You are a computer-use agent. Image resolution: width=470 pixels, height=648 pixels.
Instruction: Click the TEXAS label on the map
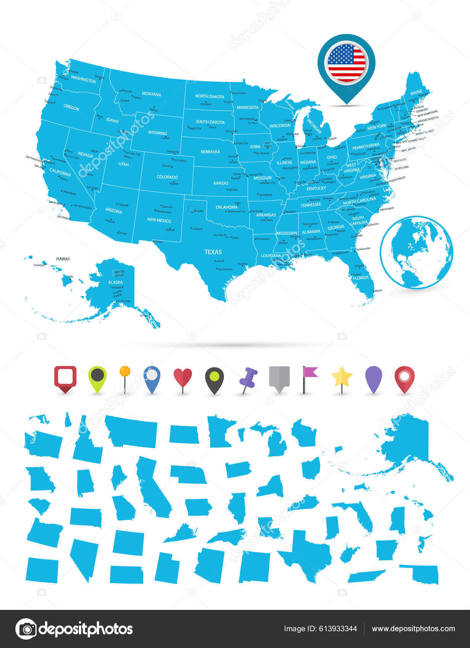click(x=213, y=252)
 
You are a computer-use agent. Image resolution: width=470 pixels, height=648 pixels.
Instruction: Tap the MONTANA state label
click(x=151, y=94)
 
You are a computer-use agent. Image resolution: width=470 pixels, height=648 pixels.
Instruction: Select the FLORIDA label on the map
click(x=361, y=278)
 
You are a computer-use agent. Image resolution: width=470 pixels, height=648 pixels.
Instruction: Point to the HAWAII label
click(x=63, y=259)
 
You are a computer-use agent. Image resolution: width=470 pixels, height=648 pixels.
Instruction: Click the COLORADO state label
click(x=167, y=177)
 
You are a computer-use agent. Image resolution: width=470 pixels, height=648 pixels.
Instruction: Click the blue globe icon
click(x=416, y=252)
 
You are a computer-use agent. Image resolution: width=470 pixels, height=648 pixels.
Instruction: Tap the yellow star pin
click(x=342, y=377)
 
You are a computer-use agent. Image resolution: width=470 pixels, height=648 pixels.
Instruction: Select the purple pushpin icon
click(x=248, y=378)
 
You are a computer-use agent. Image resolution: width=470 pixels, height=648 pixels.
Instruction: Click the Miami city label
click(x=378, y=290)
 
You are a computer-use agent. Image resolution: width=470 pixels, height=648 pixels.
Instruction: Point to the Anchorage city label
click(x=124, y=301)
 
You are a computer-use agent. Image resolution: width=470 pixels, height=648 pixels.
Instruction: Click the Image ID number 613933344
click(x=320, y=629)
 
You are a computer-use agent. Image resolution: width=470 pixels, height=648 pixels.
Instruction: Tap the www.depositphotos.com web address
click(x=413, y=629)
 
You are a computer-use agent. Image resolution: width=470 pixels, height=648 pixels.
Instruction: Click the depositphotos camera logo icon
click(x=26, y=629)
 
